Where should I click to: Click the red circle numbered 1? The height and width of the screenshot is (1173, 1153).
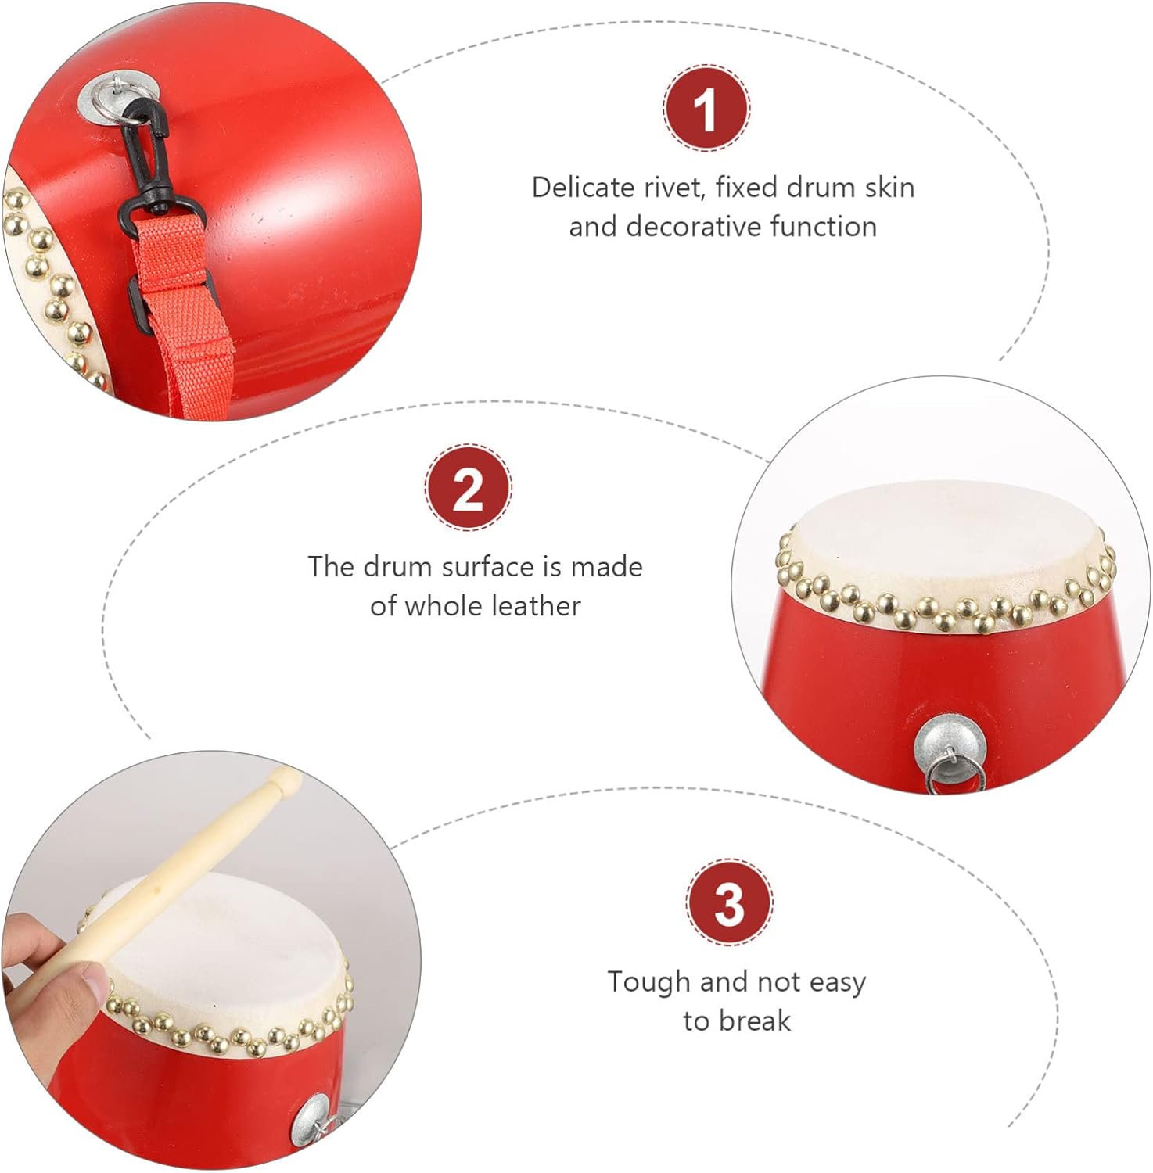coord(706,108)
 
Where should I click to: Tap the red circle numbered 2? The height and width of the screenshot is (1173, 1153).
coord(468,488)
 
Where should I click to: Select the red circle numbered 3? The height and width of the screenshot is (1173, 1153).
coord(729,902)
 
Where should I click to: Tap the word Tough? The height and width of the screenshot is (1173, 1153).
coord(649,982)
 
